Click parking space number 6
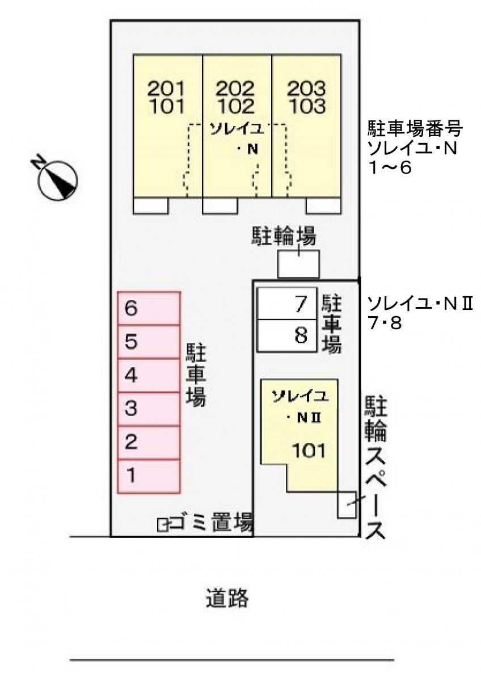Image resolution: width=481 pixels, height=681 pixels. pyautogui.click(x=149, y=308)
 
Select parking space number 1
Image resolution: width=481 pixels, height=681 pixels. pyautogui.click(x=149, y=476)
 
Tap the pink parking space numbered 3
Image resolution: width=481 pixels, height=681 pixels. pyautogui.click(x=149, y=409)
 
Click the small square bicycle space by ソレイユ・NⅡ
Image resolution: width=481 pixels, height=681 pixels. pyautogui.click(x=347, y=504)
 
